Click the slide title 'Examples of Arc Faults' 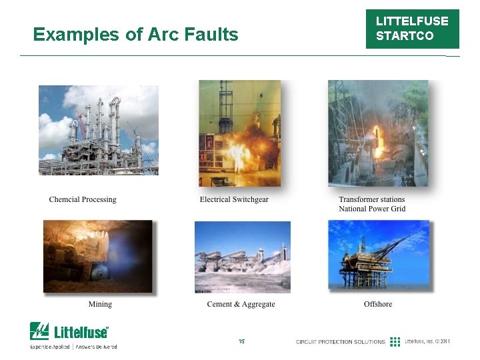pyautogui.click(x=135, y=35)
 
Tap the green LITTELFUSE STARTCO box pyautogui.click(x=412, y=29)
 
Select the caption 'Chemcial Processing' pyautogui.click(x=83, y=199)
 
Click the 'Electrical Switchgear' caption pyautogui.click(x=234, y=199)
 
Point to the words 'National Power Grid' pyautogui.click(x=372, y=209)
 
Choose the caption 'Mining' pyautogui.click(x=100, y=304)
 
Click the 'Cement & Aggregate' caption pyautogui.click(x=241, y=304)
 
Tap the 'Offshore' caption pyautogui.click(x=378, y=304)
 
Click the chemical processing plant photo pyautogui.click(x=99, y=130)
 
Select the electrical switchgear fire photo pyautogui.click(x=240, y=133)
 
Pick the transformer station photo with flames pyautogui.click(x=378, y=133)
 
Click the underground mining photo pyautogui.click(x=97, y=257)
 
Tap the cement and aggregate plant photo pyautogui.click(x=243, y=257)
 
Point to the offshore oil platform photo pyautogui.click(x=378, y=255)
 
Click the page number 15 pyautogui.click(x=241, y=341)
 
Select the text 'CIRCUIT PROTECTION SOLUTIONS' pyautogui.click(x=341, y=342)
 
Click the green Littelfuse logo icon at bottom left pyautogui.click(x=39, y=331)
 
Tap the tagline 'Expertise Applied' pyautogui.click(x=50, y=347)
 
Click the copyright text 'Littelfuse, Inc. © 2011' pyautogui.click(x=427, y=342)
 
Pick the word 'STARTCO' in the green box pyautogui.click(x=405, y=36)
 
